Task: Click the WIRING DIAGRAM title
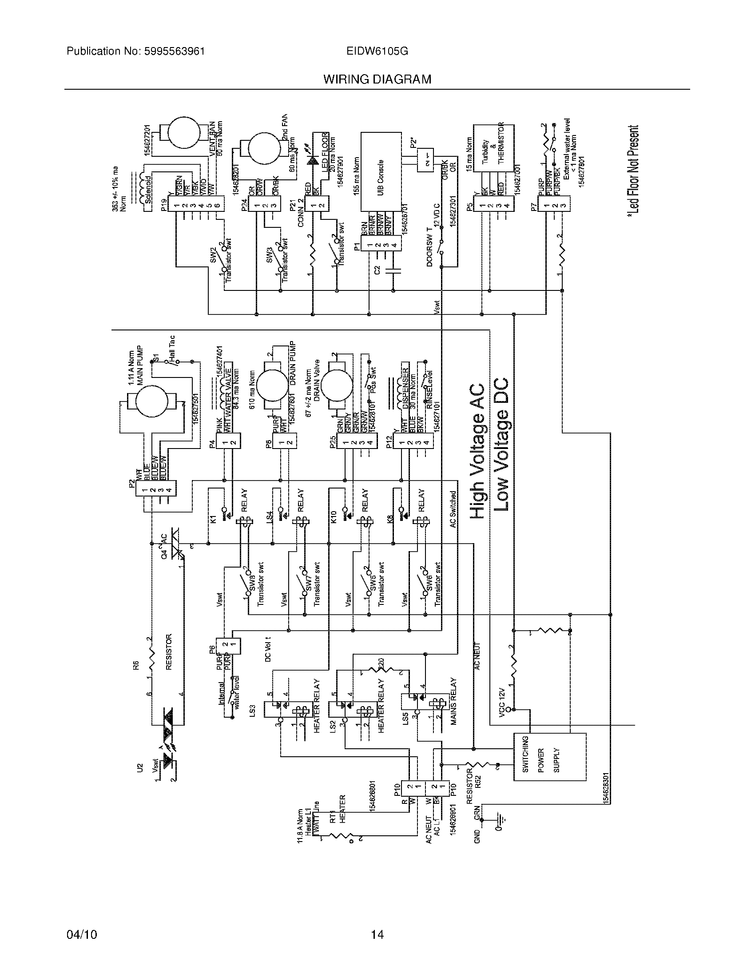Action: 377,79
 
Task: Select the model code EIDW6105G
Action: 377,51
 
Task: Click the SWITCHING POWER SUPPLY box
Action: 549,757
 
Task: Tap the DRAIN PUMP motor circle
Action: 272,385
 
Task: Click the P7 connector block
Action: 554,206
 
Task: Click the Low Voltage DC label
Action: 503,445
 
